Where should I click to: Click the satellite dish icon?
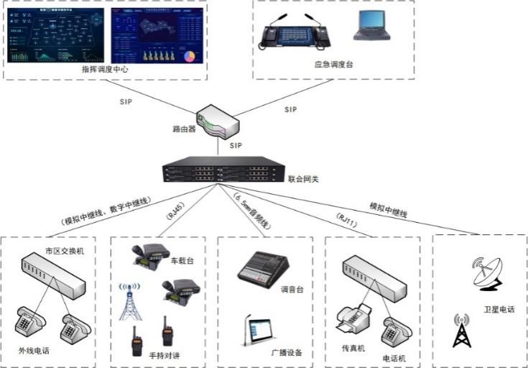(486, 273)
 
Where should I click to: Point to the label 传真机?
(353, 348)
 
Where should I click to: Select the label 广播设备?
(287, 352)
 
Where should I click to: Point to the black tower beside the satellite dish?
(460, 331)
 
